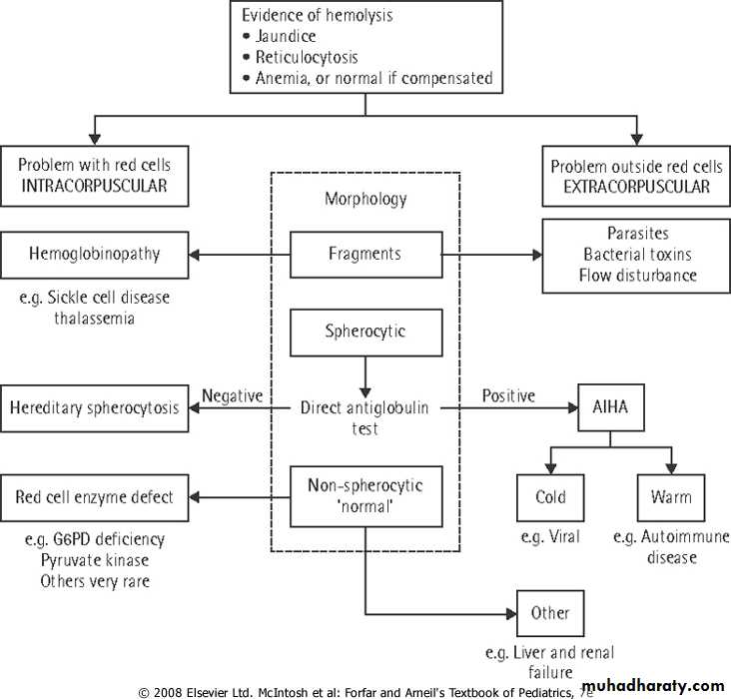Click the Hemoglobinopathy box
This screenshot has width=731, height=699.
[95, 255]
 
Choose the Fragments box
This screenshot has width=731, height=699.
[365, 254]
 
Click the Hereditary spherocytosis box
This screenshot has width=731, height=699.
[95, 406]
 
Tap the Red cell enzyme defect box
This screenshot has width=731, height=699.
[95, 496]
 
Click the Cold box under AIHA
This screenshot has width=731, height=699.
[550, 496]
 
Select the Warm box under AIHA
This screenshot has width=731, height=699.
[671, 496]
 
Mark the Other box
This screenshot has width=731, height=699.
[549, 612]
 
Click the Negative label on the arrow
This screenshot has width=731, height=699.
[232, 395]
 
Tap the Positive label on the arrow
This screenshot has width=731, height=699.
[507, 395]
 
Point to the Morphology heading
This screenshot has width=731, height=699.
[365, 199]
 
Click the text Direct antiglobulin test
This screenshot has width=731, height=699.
[365, 416]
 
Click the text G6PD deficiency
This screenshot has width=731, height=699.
[94, 539]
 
